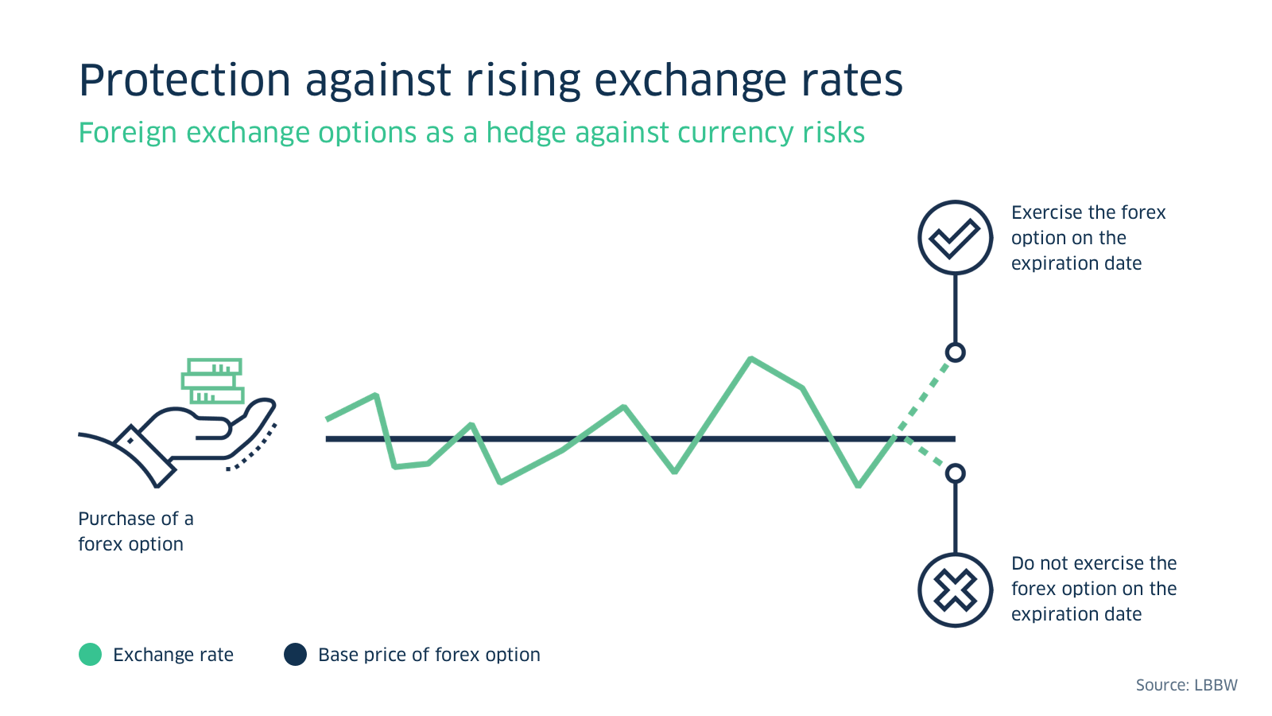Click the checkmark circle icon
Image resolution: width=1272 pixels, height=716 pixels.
(955, 237)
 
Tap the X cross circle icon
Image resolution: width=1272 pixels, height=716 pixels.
(955, 590)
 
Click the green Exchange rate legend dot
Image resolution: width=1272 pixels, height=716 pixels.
(91, 655)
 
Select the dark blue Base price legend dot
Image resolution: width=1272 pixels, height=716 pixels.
(295, 655)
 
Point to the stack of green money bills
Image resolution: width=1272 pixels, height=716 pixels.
(212, 381)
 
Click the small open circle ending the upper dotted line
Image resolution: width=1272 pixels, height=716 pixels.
(955, 352)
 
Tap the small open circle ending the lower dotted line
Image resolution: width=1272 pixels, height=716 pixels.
(955, 473)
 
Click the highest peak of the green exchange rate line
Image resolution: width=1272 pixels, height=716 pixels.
(751, 360)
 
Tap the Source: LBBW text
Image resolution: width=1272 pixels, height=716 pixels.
(1186, 685)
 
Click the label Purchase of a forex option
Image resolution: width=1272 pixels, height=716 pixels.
(135, 531)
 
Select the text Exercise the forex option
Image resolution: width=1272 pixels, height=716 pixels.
(1088, 238)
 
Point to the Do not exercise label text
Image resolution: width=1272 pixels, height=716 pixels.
(1093, 589)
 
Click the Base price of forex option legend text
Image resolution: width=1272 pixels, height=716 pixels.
(429, 655)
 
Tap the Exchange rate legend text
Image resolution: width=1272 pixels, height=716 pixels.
(173, 655)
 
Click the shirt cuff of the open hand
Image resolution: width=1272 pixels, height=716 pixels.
(144, 456)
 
